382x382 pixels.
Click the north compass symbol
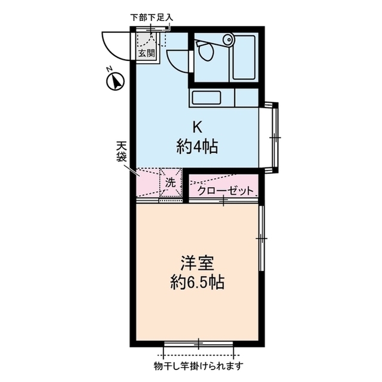point(114,81)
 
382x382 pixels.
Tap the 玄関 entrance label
point(146,53)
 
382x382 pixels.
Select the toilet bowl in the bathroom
point(206,53)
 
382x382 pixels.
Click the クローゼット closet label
point(226,191)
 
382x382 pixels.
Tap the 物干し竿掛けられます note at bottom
point(199,365)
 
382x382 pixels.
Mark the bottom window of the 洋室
point(199,344)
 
